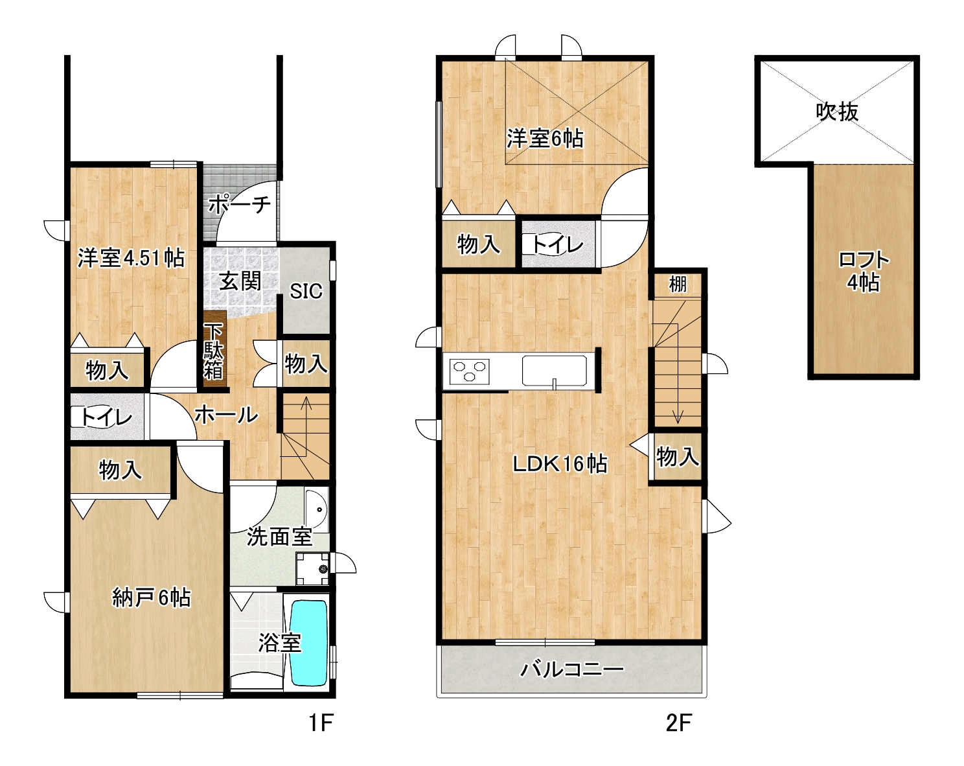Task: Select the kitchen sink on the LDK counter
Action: [554, 371]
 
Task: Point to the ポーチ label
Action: [240, 204]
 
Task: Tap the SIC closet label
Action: [306, 292]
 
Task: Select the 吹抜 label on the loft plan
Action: [836, 111]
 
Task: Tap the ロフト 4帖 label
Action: [863, 271]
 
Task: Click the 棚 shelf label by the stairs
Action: [678, 284]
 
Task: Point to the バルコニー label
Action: [571, 669]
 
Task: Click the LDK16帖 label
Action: [560, 464]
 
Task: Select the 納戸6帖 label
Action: [152, 598]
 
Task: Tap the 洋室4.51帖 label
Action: [131, 258]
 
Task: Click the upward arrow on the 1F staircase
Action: [307, 426]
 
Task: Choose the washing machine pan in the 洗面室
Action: [312, 569]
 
